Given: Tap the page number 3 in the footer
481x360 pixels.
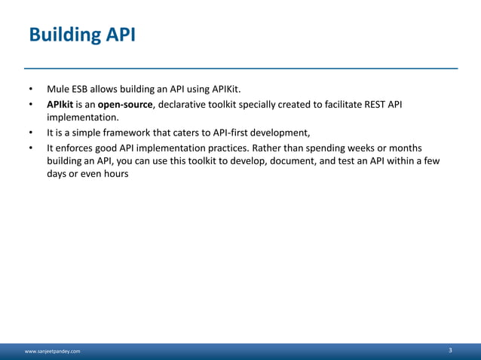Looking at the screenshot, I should pyautogui.click(x=450, y=350).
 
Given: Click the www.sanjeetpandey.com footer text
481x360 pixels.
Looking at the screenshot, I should pyautogui.click(x=53, y=351).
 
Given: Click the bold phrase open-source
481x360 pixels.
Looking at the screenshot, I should pyautogui.click(x=126, y=104).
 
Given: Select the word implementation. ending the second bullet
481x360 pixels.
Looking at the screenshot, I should pyautogui.click(x=82, y=117).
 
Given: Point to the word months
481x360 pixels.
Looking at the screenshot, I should pyautogui.click(x=406, y=148).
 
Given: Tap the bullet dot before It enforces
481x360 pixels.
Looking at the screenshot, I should pyautogui.click(x=31, y=148).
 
